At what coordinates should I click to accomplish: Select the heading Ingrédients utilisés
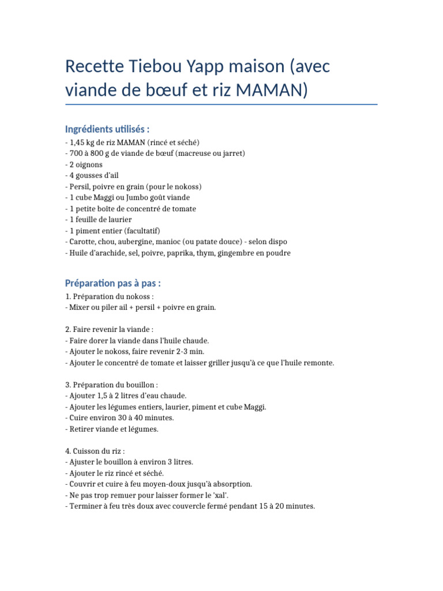[x=107, y=128]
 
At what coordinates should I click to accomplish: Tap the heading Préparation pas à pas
[x=112, y=283]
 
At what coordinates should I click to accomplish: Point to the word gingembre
[x=242, y=253]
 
